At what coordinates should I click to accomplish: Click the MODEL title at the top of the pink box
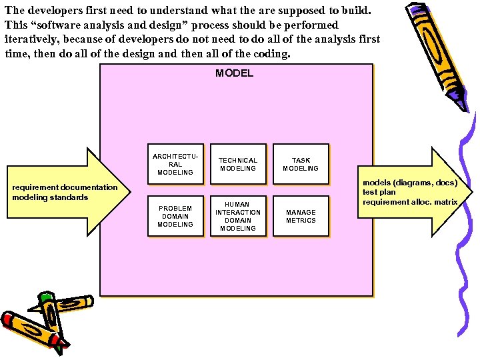coord(234,73)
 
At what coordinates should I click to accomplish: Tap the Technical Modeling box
coord(238,164)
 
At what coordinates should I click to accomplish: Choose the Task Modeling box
coord(301,164)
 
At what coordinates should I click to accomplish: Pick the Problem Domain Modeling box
coord(175,216)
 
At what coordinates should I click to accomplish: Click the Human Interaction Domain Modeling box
coord(238,216)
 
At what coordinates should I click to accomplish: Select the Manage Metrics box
coord(301,216)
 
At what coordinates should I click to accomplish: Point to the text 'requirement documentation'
coord(65,187)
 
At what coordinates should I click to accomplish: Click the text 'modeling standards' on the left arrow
coord(50,197)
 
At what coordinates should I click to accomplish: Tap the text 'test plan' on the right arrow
coord(379,192)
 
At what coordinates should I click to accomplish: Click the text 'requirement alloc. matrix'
coord(410,202)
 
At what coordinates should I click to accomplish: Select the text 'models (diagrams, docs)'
coord(409,182)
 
